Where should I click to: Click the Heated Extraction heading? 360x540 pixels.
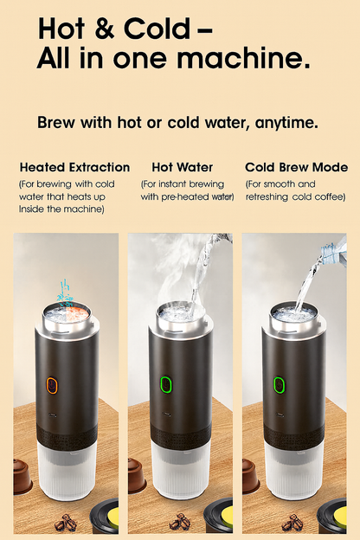pyautogui.click(x=74, y=167)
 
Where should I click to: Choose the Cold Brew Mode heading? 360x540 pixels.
pyautogui.click(x=296, y=167)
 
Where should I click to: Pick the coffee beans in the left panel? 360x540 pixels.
pyautogui.click(x=65, y=524)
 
